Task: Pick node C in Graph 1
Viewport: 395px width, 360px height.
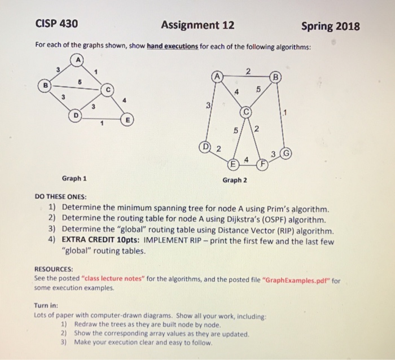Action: [108, 89]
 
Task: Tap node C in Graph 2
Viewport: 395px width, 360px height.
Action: [245, 112]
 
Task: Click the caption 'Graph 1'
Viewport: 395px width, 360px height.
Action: [74, 178]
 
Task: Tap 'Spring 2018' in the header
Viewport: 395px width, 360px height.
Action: [330, 26]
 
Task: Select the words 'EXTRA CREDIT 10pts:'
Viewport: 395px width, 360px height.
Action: [101, 240]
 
